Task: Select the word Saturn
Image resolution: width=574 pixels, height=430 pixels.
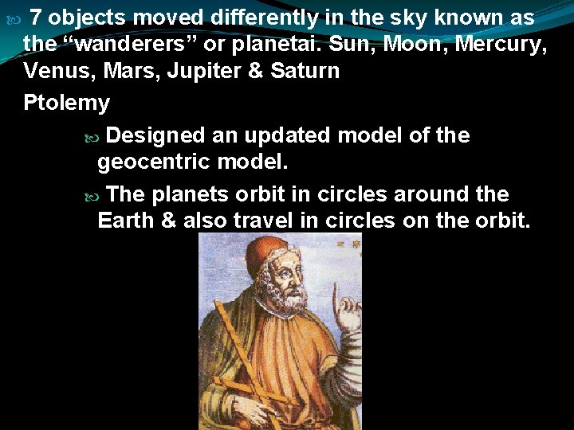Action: (305, 71)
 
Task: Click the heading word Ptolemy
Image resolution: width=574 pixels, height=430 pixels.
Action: (67, 104)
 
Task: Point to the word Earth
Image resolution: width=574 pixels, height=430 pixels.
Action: (126, 221)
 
